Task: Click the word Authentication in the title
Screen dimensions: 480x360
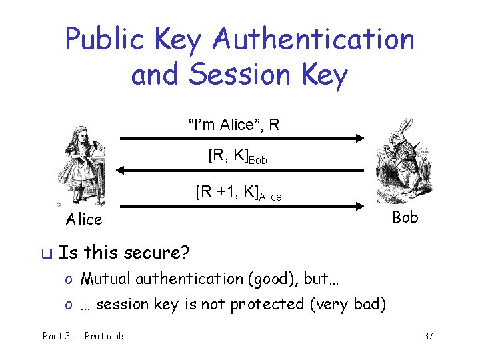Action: [313, 41]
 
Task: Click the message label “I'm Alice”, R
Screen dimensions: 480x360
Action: [233, 124]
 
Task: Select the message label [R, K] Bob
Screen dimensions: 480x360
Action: [237, 157]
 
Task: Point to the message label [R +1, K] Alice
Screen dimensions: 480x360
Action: [238, 193]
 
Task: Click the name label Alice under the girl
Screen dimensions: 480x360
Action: [84, 219]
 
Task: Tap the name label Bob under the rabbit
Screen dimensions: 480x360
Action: [405, 217]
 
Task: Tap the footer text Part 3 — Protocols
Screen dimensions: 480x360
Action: [84, 336]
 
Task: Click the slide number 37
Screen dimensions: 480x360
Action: [428, 336]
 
